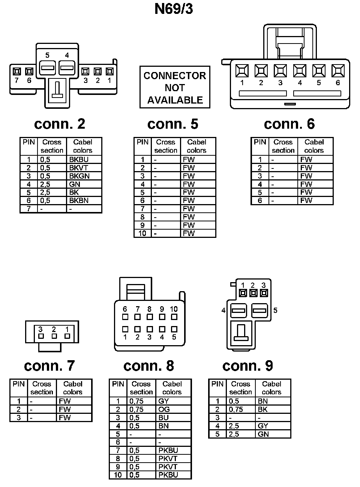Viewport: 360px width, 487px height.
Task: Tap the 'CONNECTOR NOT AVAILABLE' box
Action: pyautogui.click(x=175, y=87)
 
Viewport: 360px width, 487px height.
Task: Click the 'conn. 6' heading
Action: pyautogui.click(x=289, y=124)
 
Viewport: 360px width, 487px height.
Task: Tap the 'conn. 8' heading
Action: pyautogui.click(x=148, y=366)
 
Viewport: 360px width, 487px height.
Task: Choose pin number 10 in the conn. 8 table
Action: pyautogui.click(x=118, y=475)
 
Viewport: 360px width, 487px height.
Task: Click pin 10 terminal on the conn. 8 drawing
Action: pyautogui.click(x=174, y=317)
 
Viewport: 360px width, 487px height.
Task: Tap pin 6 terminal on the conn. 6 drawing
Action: pyautogui.click(x=338, y=71)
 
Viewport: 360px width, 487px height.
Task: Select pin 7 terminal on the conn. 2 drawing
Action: pyautogui.click(x=16, y=71)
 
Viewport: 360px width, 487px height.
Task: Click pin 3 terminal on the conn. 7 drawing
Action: pyautogui.click(x=41, y=336)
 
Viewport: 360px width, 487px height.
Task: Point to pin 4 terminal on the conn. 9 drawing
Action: pyautogui.click(x=238, y=310)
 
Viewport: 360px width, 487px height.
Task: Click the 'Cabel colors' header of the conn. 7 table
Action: pyautogui.click(x=73, y=388)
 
